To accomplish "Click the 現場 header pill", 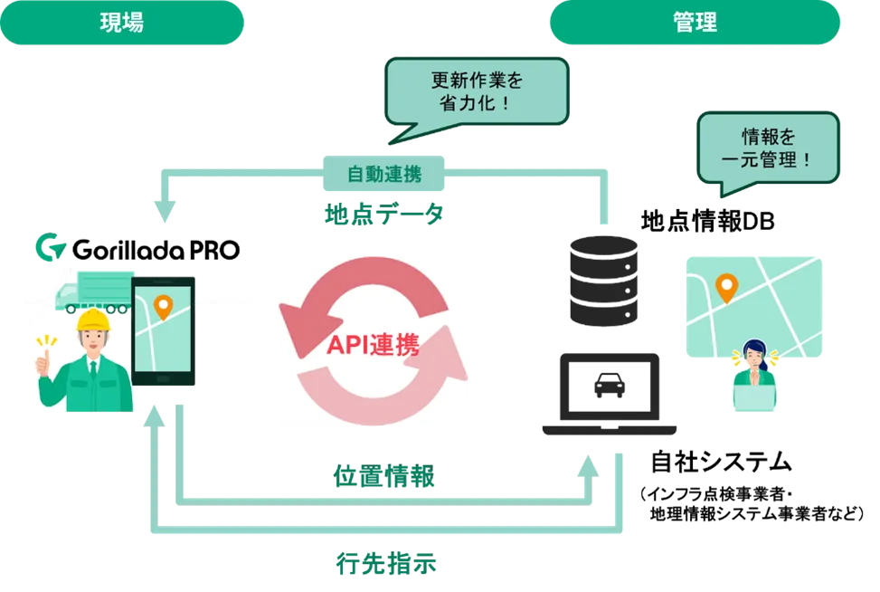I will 121,24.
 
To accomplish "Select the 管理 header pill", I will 695,24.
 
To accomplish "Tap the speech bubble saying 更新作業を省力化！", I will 477,91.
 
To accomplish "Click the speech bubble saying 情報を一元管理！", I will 769,148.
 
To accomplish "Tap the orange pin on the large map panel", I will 726,288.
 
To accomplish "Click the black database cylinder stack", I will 603,281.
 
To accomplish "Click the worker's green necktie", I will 92,367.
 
